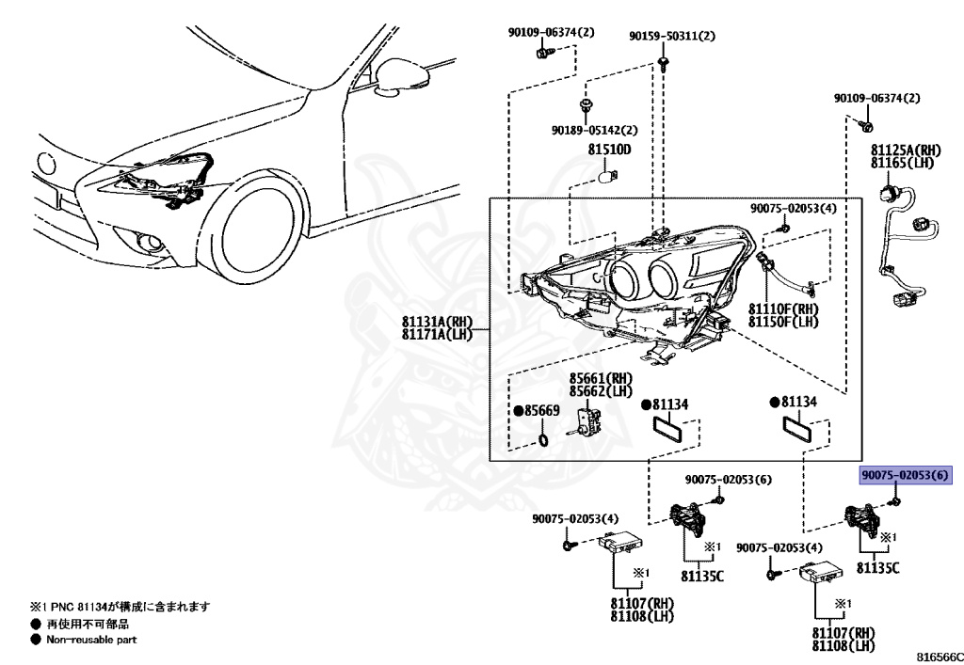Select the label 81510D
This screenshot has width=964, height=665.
[609, 150]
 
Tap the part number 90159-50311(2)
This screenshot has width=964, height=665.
[672, 36]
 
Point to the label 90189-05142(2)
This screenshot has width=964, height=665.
[595, 130]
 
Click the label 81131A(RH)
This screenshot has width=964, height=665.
[436, 322]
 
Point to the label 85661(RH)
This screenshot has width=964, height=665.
[599, 379]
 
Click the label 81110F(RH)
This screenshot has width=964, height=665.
[783, 309]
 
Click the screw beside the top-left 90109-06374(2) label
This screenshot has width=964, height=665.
[541, 55]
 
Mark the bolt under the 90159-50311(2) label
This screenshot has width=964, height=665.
[665, 63]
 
